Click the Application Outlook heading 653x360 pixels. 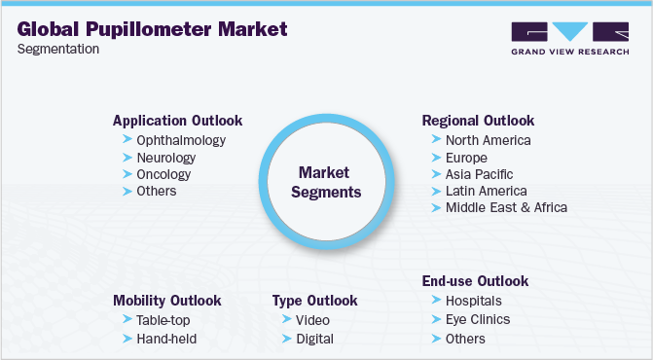tap(177, 121)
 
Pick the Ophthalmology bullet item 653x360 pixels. tap(181, 140)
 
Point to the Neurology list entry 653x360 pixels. tap(166, 158)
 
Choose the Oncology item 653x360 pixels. tap(163, 174)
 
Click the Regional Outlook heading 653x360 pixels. tap(478, 121)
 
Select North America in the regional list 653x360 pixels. tap(488, 140)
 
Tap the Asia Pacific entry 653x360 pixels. tap(479, 174)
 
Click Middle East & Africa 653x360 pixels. tap(505, 207)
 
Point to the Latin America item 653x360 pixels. tap(486, 191)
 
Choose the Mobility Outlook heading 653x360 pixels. tap(166, 300)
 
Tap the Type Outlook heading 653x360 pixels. tap(315, 300)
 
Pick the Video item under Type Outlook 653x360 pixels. tap(313, 319)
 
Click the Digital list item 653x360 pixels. tap(315, 339)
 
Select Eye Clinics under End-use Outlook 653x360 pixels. tap(477, 319)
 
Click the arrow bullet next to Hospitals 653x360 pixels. tap(434, 300)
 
